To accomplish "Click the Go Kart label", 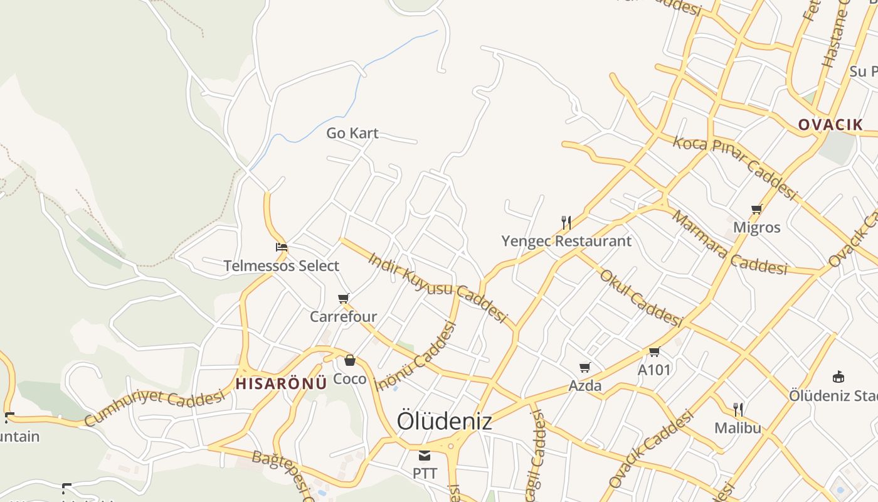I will point(352,133).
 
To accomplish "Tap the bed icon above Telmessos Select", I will point(282,247).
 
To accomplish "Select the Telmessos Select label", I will point(282,265).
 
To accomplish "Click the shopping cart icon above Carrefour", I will point(343,298).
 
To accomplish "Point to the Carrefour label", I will point(343,316).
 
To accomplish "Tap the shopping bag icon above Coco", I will point(350,360).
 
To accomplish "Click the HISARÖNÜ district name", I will point(282,383).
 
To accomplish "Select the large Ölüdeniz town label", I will point(444,421).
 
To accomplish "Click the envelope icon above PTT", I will point(425,455).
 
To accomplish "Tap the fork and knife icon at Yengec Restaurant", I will point(566,222).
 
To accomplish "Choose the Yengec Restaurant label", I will point(566,241).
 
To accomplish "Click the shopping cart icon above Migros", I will point(756,209).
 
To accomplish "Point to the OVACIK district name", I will point(830,124).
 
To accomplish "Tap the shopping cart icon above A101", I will point(655,351).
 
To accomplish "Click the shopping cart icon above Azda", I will point(585,367).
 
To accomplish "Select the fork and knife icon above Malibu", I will point(738,410).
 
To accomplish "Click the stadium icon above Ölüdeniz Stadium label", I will point(838,377).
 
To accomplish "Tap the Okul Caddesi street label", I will point(640,298).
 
